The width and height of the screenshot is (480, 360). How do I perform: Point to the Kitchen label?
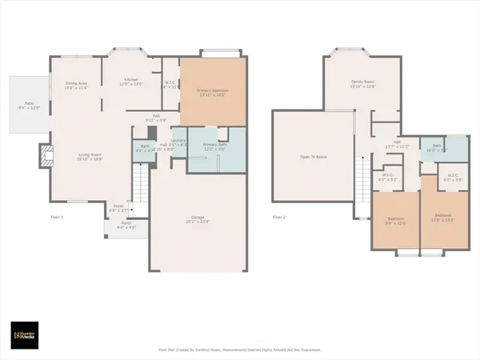pos(130,81)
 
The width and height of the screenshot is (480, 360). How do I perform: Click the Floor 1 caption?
pos(56,216)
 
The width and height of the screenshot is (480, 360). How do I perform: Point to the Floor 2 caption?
pos(279,216)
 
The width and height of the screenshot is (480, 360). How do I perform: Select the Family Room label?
pos(363,82)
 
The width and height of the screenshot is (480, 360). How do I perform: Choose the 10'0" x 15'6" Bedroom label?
pos(442,216)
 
